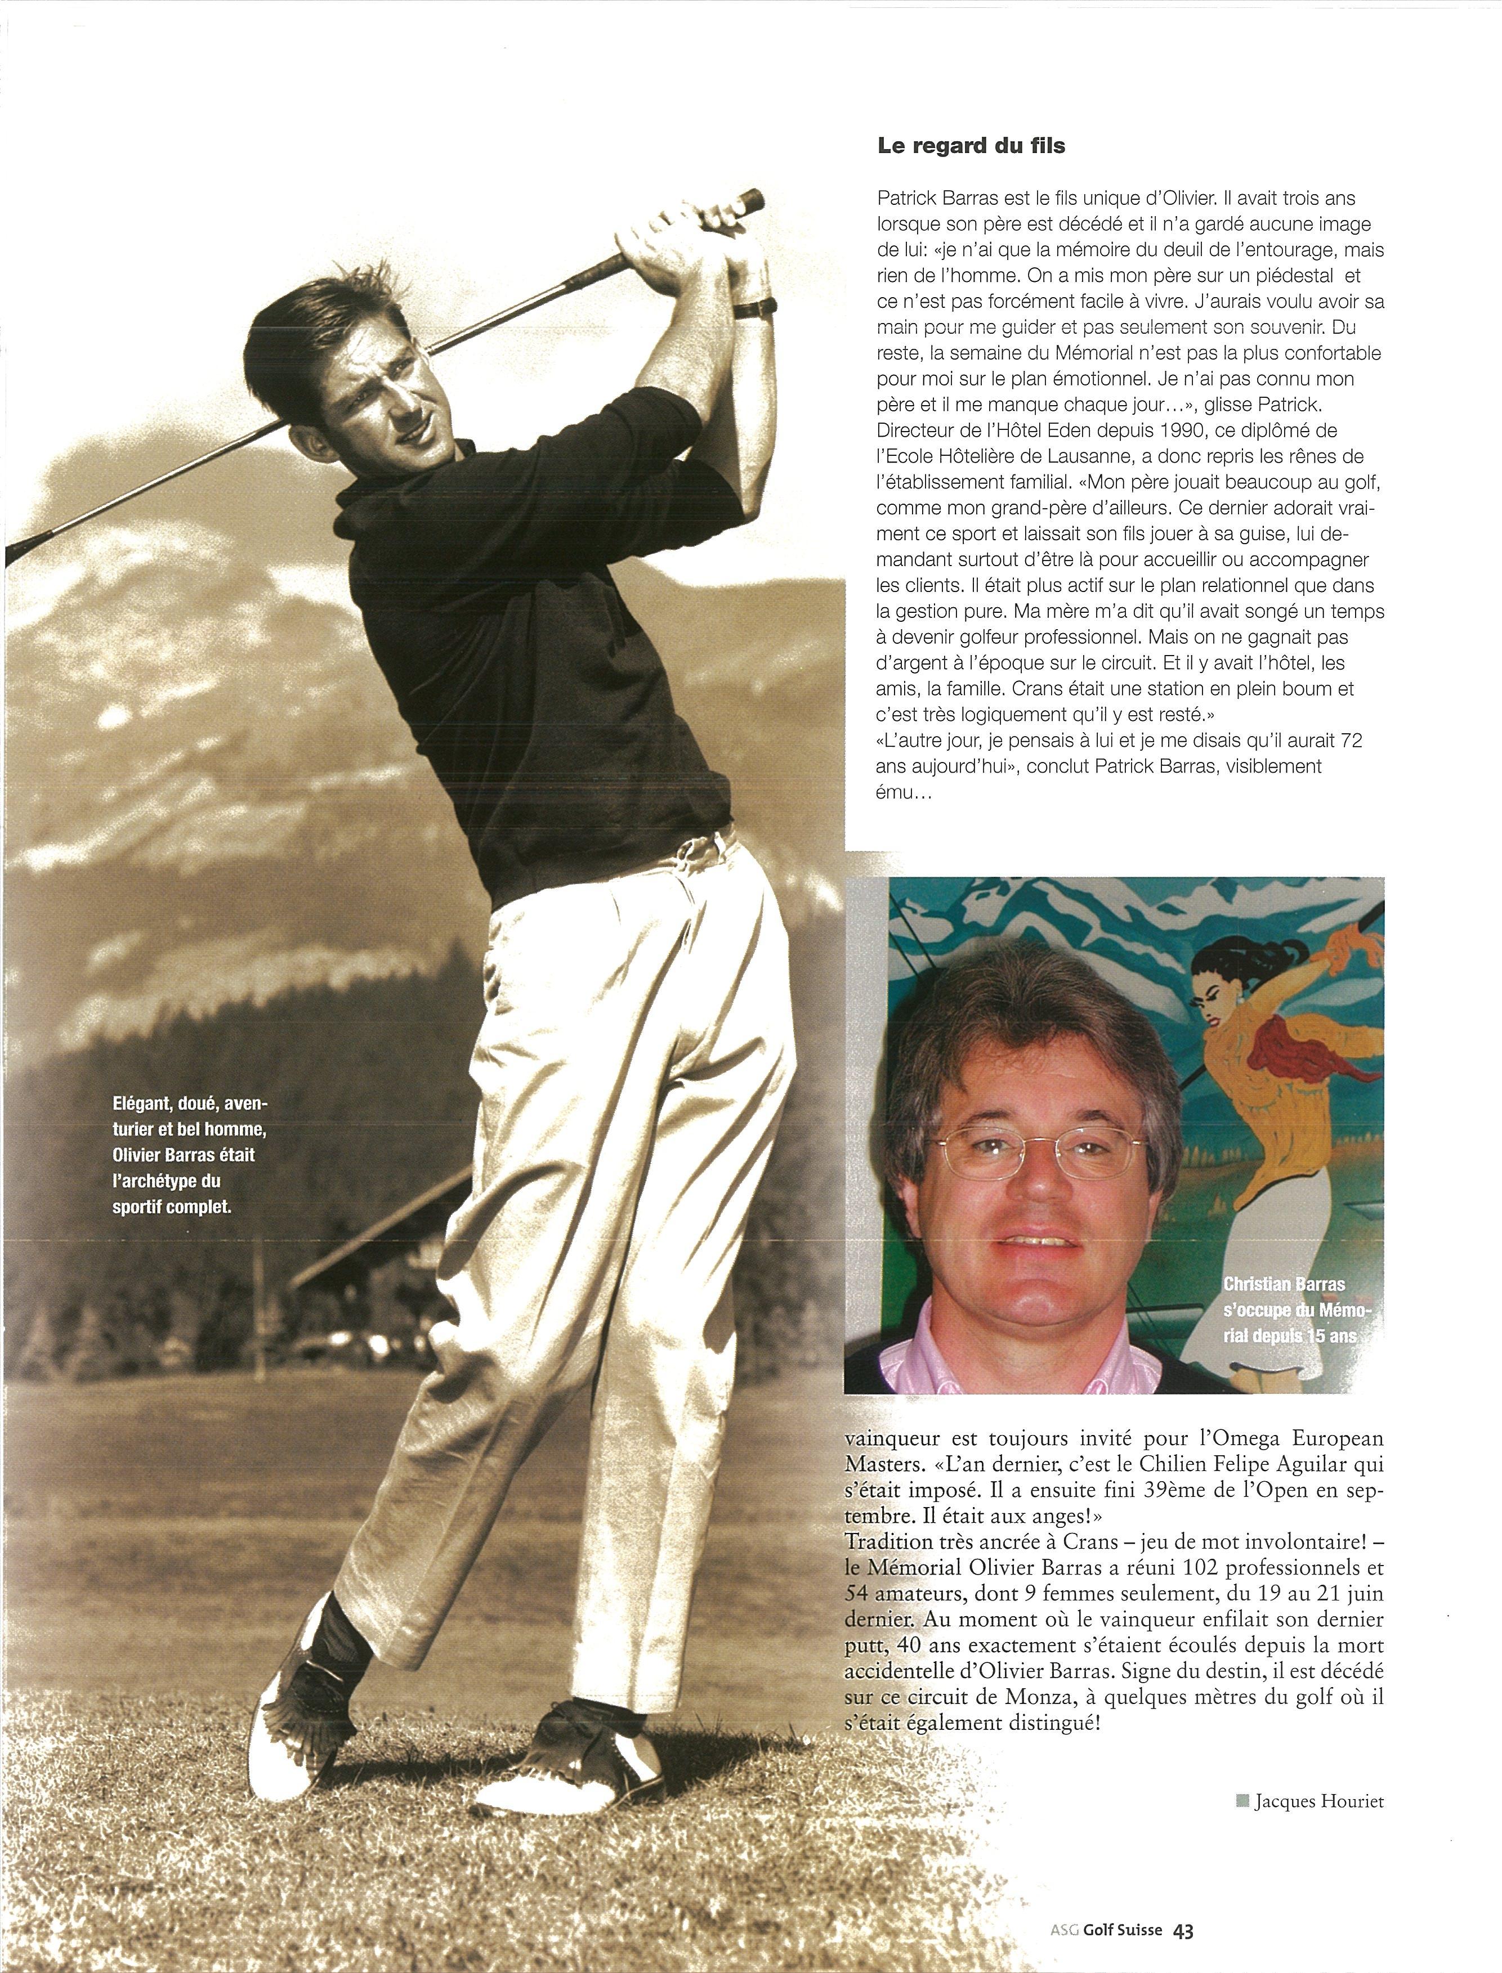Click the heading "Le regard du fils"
pos(972,146)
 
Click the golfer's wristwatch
pos(756,307)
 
